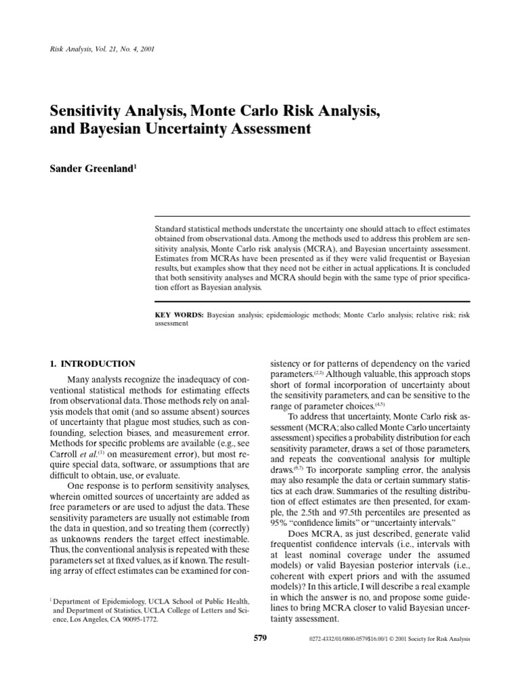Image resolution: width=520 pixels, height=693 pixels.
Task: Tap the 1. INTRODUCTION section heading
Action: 91,363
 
